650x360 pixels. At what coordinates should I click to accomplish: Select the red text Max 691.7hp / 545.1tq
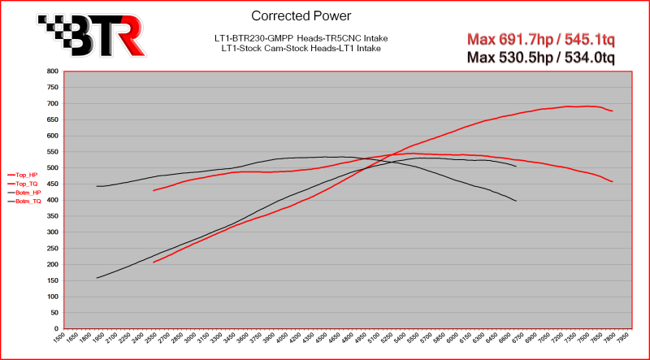pos(539,39)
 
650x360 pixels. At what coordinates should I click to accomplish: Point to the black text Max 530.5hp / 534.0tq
pos(539,57)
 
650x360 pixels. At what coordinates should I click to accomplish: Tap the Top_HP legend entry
pos(22,175)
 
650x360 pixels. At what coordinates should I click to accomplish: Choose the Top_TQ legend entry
pos(22,184)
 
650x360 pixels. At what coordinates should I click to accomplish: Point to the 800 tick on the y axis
pos(51,72)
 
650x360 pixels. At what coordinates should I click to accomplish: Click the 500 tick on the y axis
pos(51,168)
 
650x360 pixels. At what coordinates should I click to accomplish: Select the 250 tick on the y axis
pos(51,249)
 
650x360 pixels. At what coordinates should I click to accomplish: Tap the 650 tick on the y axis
pos(51,120)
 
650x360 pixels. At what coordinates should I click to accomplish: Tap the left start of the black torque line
pos(97,186)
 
